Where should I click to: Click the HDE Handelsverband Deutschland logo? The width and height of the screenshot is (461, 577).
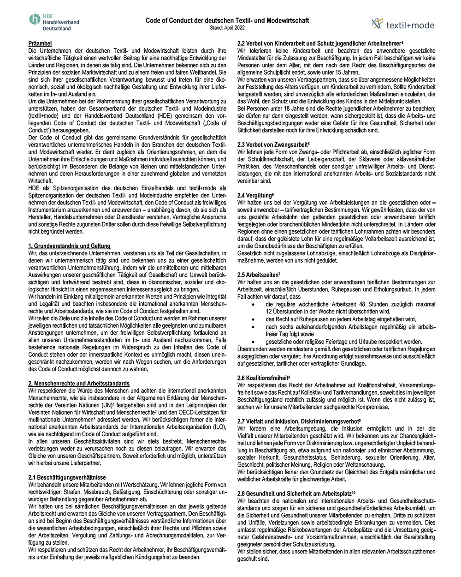click(54, 22)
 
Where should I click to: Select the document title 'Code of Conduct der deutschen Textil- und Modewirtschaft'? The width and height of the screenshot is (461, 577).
click(227, 20)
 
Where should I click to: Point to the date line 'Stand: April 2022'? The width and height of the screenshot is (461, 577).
click(227, 28)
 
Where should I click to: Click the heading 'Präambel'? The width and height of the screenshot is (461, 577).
click(40, 43)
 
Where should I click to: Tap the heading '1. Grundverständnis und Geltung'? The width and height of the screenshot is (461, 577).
click(69, 246)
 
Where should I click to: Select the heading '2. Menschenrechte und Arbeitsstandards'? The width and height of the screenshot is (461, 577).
click(79, 384)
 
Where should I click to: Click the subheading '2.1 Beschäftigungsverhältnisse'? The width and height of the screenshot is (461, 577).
click(67, 477)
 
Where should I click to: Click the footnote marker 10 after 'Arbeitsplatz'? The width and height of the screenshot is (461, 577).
click(354, 492)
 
